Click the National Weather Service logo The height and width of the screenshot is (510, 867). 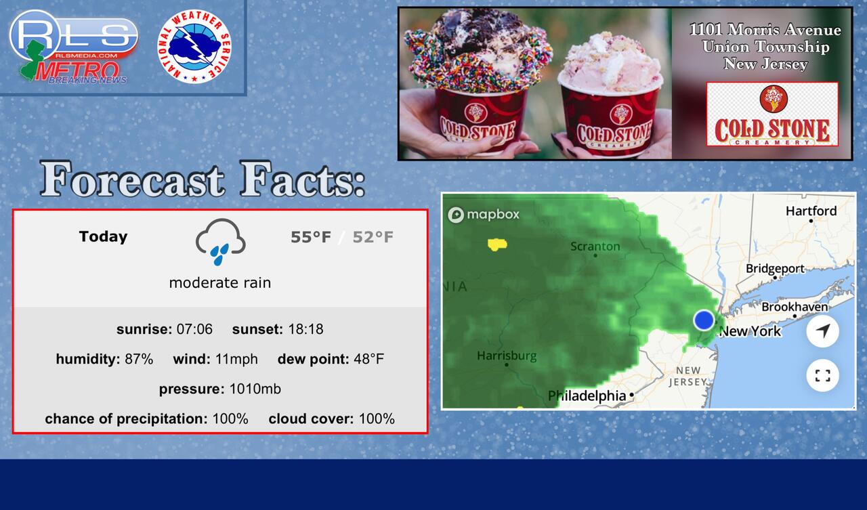pyautogui.click(x=194, y=47)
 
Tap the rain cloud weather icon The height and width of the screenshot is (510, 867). pyautogui.click(x=220, y=242)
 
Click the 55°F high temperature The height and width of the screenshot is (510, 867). pyautogui.click(x=311, y=237)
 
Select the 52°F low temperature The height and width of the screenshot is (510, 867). pyautogui.click(x=373, y=237)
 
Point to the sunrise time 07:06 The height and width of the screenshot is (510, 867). pyautogui.click(x=194, y=329)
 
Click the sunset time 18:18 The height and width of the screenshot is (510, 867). pyautogui.click(x=305, y=329)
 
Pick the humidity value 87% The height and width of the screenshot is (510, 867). pyautogui.click(x=139, y=359)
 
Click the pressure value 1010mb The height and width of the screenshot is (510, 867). pyautogui.click(x=255, y=389)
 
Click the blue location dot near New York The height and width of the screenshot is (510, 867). pyautogui.click(x=704, y=320)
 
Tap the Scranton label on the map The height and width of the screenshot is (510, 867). pyautogui.click(x=595, y=246)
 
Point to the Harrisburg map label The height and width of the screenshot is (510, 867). pyautogui.click(x=507, y=356)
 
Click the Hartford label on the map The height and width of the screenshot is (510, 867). pyautogui.click(x=811, y=211)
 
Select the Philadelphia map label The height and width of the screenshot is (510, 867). pyautogui.click(x=587, y=396)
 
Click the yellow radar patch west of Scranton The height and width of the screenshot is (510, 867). pyautogui.click(x=497, y=245)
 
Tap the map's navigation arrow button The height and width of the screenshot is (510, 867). pyautogui.click(x=822, y=331)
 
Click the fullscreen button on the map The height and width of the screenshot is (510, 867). pyautogui.click(x=822, y=375)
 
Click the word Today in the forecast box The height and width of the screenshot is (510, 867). pyautogui.click(x=103, y=236)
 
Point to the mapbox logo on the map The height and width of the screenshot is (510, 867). pyautogui.click(x=484, y=215)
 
